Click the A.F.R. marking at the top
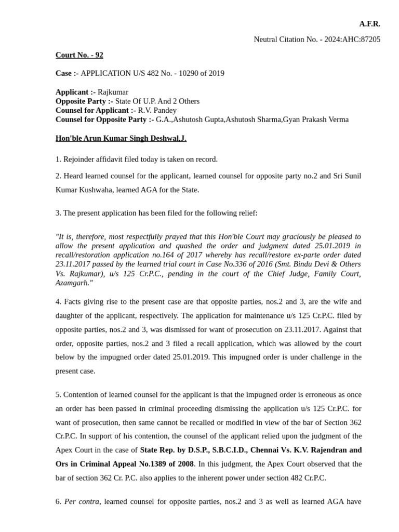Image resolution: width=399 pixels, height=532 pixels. click(x=369, y=24)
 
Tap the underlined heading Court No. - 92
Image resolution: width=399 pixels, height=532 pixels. click(x=79, y=55)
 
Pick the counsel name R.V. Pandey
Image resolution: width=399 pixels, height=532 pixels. click(x=157, y=110)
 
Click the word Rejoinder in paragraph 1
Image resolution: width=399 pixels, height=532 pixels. click(x=80, y=159)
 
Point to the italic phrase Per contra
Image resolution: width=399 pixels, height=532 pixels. click(x=82, y=502)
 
